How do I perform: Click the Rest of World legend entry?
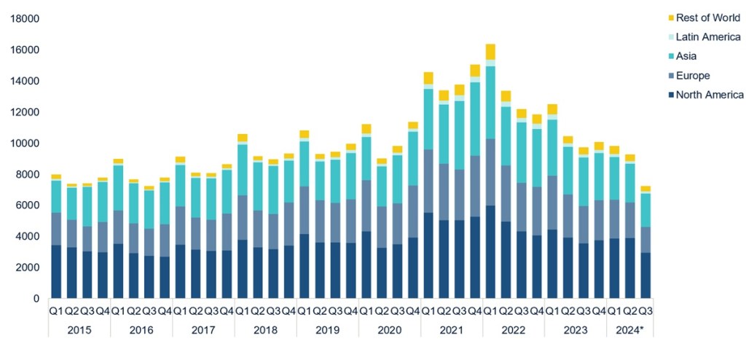[707, 18]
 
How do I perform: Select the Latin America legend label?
[707, 37]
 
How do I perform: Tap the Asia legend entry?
[688, 56]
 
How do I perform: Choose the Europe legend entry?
[693, 75]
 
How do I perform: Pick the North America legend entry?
[709, 95]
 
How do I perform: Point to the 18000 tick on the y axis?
[25, 19]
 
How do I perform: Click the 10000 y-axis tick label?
[25, 143]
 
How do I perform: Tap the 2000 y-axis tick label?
[28, 267]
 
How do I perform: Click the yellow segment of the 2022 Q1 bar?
[490, 52]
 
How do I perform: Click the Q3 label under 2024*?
[645, 311]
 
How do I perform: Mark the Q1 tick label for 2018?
[242, 311]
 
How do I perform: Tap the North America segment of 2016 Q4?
[165, 277]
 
